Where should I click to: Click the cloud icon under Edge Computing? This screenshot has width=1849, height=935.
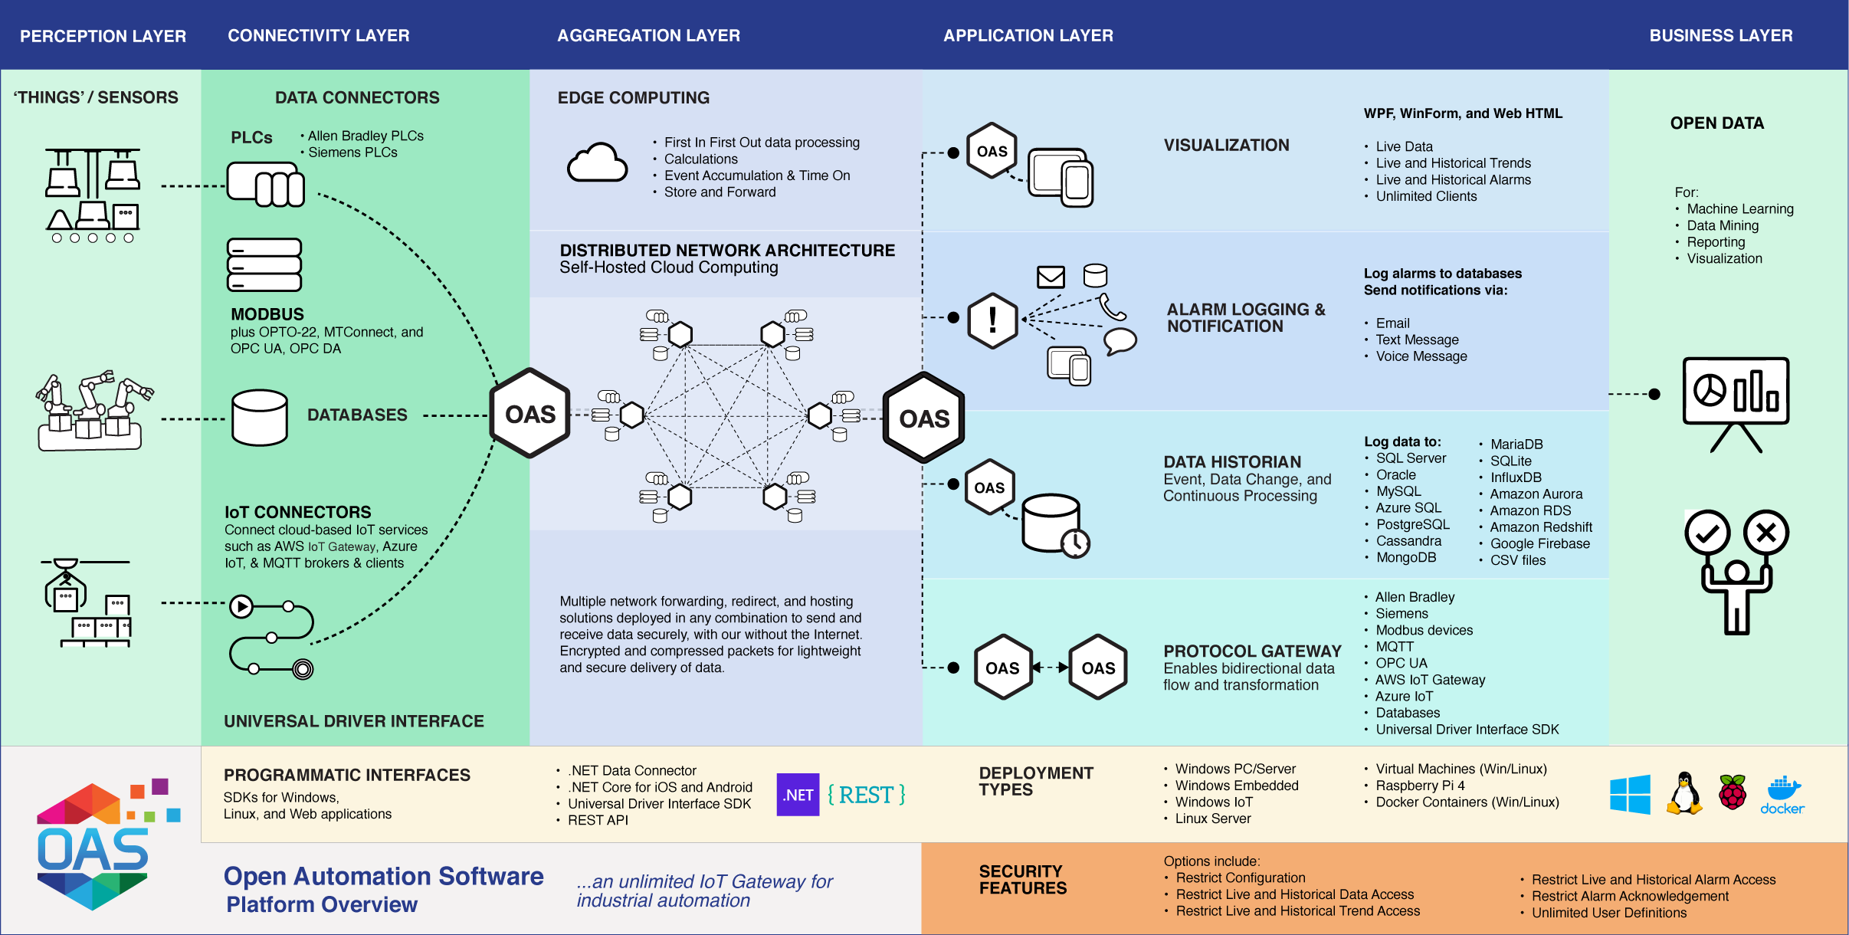coord(597,162)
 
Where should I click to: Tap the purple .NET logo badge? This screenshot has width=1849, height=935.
coord(798,795)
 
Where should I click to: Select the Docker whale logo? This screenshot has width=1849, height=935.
coord(1782,794)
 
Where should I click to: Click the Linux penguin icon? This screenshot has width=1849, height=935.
coord(1683,793)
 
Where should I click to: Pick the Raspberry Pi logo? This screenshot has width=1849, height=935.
coord(1732,792)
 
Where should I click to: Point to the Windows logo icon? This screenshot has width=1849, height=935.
coord(1630,794)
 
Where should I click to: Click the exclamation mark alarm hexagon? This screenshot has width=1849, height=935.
coord(992,320)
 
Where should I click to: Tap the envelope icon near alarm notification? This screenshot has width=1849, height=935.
coord(1051,277)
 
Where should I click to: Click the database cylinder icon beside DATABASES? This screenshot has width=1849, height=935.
coord(260,418)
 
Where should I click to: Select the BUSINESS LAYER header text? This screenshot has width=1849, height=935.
coord(1720,35)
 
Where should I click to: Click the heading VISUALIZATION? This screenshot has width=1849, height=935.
coord(1226,145)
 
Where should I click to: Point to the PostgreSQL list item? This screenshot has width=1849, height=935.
coord(1412,524)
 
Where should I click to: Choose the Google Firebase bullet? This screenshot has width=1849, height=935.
coord(1539,543)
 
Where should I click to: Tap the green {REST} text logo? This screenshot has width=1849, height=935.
coord(867,795)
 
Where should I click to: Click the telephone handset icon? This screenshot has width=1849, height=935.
coord(1112,307)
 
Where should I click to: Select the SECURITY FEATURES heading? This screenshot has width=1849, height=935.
coord(1022,880)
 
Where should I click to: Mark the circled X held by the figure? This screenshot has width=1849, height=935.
coord(1765,532)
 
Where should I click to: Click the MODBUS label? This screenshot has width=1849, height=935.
coord(267,314)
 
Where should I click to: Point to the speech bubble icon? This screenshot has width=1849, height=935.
coord(1120,340)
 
